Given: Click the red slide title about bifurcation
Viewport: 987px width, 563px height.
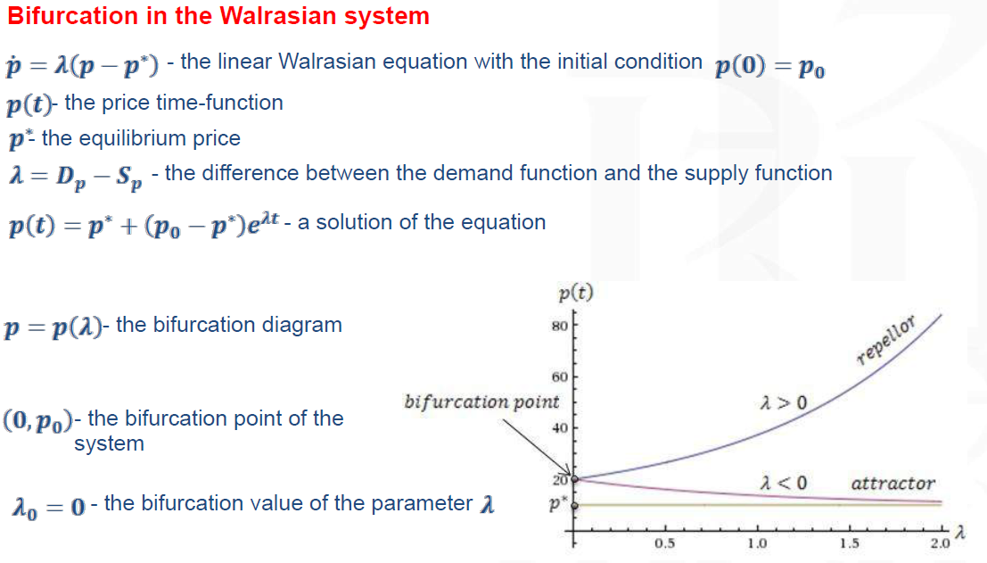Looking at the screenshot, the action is (x=218, y=16).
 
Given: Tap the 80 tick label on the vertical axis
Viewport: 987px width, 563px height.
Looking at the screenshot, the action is (x=560, y=327).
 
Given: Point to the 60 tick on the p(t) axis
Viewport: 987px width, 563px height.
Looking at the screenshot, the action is (x=560, y=377).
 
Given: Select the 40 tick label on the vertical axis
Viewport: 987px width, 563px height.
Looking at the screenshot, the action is (x=560, y=428).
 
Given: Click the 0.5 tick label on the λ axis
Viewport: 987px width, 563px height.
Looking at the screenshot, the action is (x=665, y=542).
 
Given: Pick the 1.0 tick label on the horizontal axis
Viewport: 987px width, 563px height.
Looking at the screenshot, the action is (x=757, y=542).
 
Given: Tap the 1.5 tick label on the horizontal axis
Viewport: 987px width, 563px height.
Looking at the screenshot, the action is (x=849, y=542).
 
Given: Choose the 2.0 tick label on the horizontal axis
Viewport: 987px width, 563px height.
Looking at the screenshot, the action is (x=941, y=542).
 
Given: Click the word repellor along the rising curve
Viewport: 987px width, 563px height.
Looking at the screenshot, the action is (x=885, y=341).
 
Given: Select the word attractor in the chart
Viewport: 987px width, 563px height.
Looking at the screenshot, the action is (x=893, y=484).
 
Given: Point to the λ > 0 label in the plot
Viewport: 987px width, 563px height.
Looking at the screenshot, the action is (x=784, y=402).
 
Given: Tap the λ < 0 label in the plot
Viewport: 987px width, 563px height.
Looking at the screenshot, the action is (x=784, y=483).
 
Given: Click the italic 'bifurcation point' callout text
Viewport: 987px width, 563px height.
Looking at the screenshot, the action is (x=481, y=402).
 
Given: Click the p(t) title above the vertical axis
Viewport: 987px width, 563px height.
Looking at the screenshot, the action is (x=576, y=293).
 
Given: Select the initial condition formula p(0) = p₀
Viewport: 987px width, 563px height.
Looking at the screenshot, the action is (x=769, y=66).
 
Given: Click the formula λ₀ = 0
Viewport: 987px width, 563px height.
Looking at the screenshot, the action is (x=48, y=506).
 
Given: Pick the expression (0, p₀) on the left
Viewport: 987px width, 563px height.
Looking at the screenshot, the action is (x=37, y=420).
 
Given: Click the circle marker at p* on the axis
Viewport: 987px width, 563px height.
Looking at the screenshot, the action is (x=575, y=505).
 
